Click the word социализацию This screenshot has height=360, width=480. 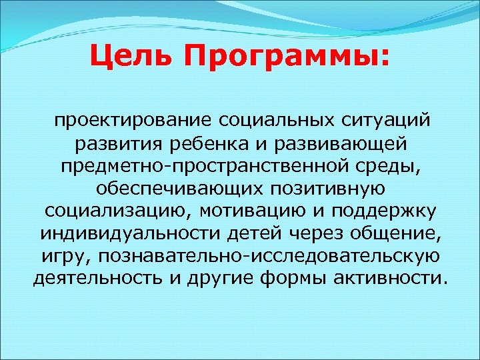pyautogui.click(x=114, y=211)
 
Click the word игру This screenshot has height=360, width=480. pyautogui.click(x=57, y=255)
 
